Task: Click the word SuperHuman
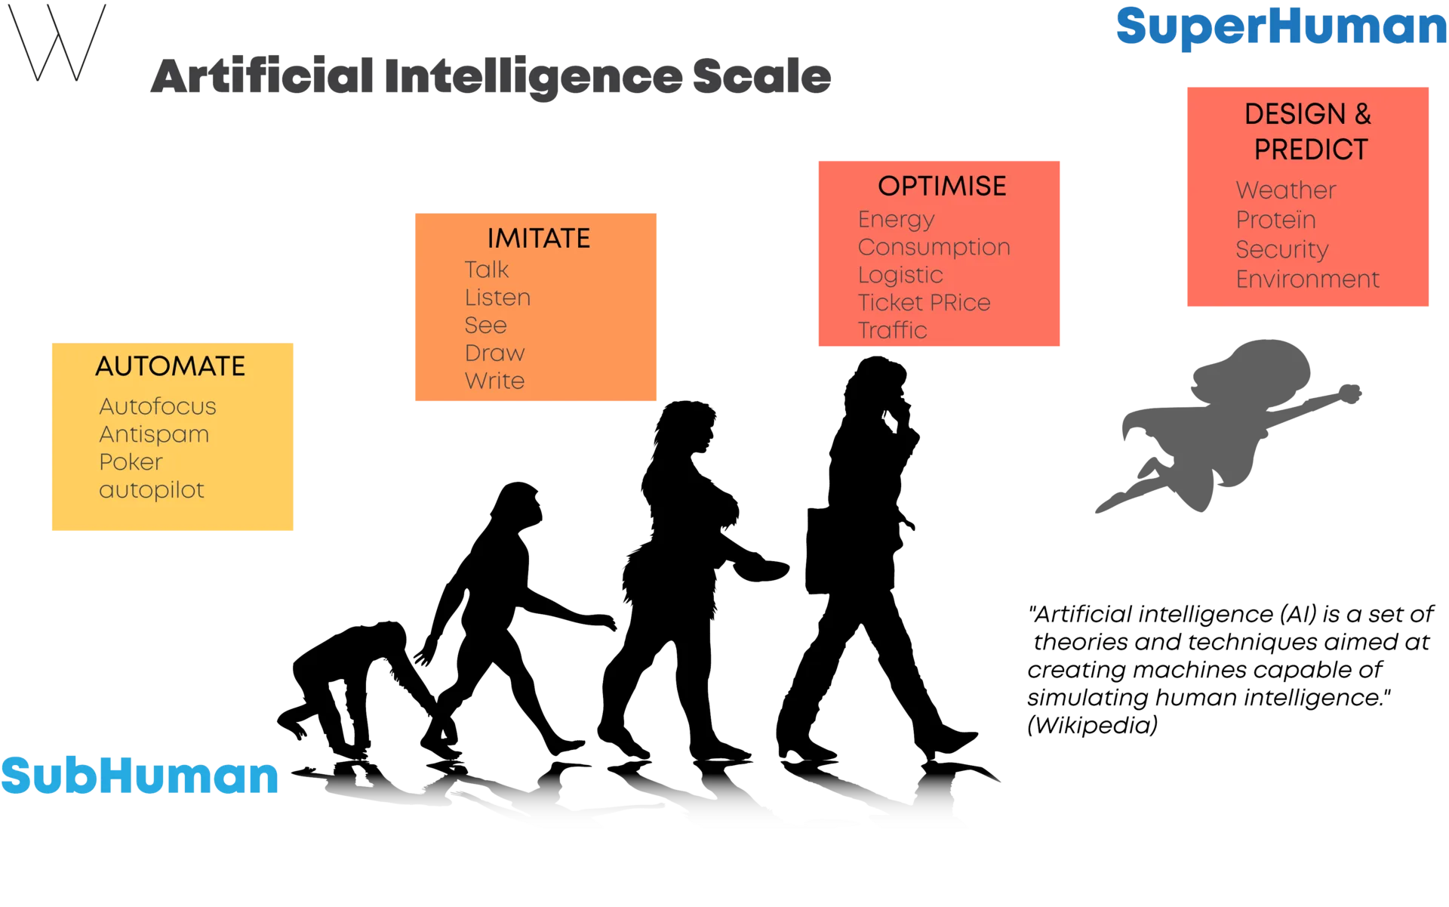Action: coord(1281,28)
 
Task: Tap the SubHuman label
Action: coord(140,776)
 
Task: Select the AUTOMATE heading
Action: coord(171,366)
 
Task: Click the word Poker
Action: coord(131,462)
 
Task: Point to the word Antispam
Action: coord(154,435)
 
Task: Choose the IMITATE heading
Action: coord(539,239)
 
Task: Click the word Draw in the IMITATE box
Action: coord(494,353)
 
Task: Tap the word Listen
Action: coord(497,298)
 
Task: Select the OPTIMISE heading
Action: coord(942,186)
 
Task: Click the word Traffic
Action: coord(892,330)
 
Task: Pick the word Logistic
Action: coord(900,276)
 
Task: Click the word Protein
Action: coord(1275,220)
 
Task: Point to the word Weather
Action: coord(1286,190)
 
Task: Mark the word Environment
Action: coord(1307,279)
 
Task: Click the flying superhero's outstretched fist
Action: coord(1349,393)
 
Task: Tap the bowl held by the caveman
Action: coord(761,570)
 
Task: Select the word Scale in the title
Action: coord(761,76)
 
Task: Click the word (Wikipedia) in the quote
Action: coord(1092,726)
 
